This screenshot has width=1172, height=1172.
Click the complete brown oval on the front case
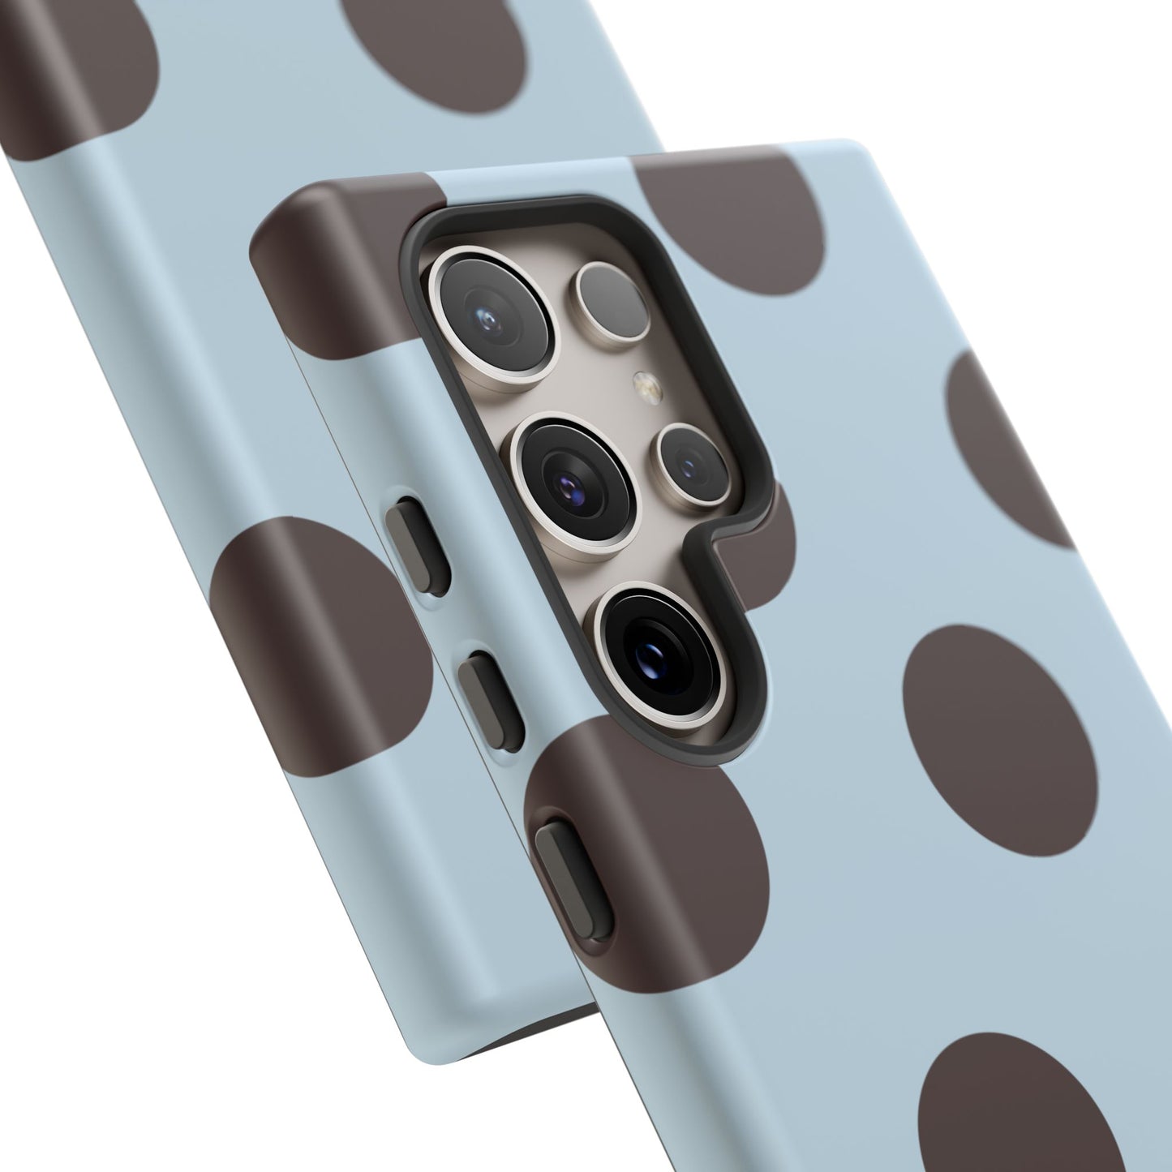(x=998, y=729)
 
